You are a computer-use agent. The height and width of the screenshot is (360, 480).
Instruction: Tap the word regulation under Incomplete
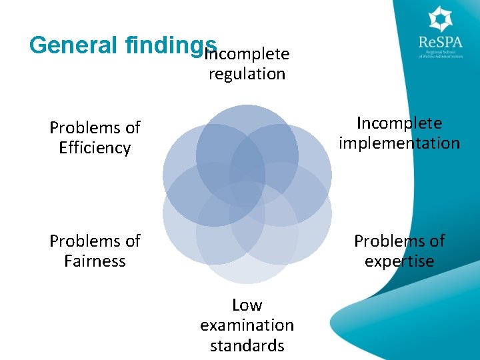(x=247, y=73)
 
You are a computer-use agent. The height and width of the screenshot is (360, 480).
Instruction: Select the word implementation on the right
(x=399, y=143)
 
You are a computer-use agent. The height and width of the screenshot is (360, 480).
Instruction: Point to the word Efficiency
(x=95, y=147)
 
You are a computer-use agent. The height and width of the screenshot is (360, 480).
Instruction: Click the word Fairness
(x=95, y=261)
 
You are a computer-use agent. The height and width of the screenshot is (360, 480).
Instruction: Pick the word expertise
(x=399, y=261)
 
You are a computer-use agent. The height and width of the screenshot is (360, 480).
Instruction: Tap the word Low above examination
(x=247, y=305)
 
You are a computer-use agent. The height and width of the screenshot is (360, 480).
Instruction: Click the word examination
(x=247, y=325)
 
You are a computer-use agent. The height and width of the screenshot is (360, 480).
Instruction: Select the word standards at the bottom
(x=247, y=345)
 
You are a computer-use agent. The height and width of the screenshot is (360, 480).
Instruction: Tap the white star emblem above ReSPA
(x=440, y=19)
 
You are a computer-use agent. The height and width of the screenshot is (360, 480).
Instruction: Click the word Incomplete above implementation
(x=399, y=123)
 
